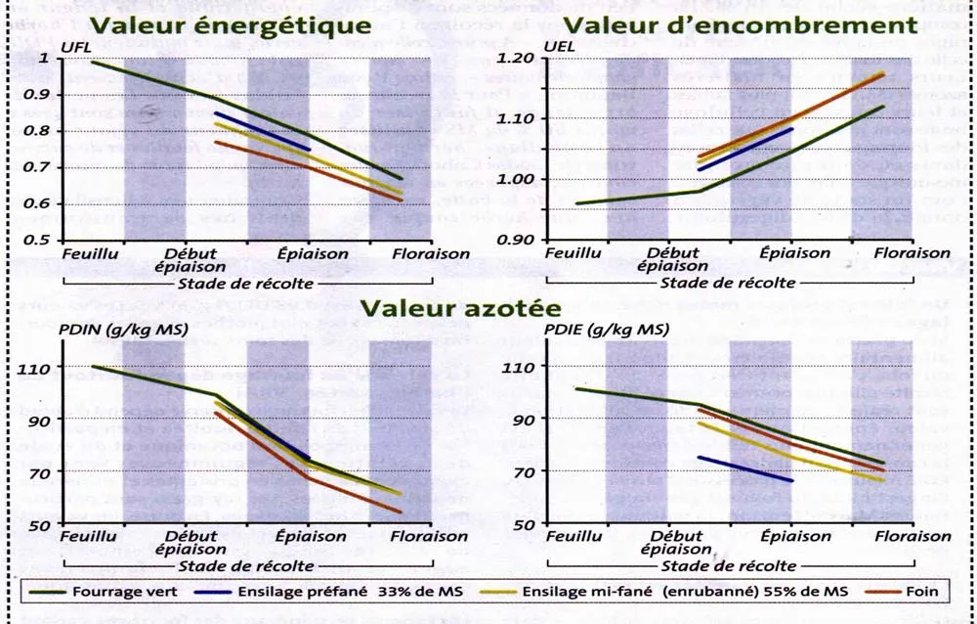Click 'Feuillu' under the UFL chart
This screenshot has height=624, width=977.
click(89, 252)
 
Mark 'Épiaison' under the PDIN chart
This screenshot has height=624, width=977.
click(312, 537)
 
